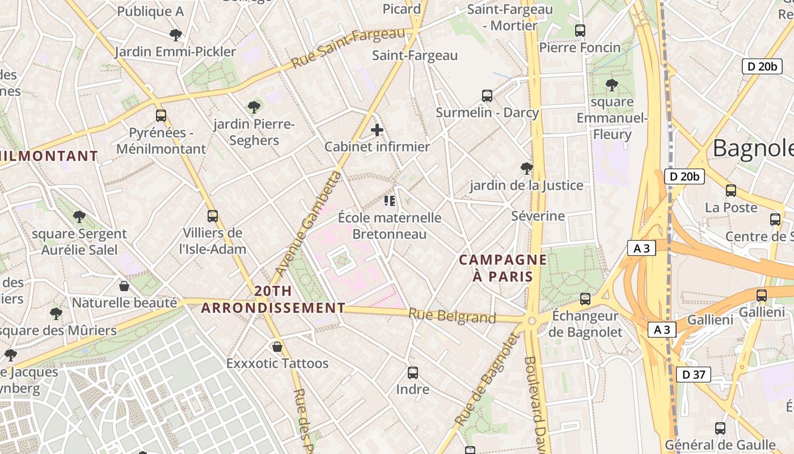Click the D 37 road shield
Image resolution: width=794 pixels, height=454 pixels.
[693, 375]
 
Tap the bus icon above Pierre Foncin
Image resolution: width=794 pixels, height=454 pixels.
[580, 31]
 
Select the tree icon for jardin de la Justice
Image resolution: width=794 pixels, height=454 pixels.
[526, 169]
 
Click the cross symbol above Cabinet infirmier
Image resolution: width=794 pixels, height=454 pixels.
[377, 131]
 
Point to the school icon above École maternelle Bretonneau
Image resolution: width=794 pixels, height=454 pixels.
[389, 201]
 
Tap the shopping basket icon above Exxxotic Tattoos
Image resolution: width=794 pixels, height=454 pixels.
[277, 346]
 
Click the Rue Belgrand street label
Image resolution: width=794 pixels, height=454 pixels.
[452, 316]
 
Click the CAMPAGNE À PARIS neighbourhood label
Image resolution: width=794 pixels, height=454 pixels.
[503, 268]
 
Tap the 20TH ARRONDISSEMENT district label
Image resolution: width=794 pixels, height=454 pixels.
[273, 300]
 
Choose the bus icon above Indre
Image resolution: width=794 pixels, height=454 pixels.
[413, 373]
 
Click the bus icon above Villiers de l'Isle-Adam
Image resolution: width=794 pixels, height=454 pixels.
[213, 216]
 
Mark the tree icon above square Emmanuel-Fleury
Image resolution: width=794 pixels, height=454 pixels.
[611, 86]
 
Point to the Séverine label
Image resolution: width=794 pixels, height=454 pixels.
[538, 216]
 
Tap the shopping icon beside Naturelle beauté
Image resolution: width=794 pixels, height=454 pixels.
[124, 286]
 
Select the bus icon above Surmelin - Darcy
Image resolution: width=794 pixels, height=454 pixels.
[487, 96]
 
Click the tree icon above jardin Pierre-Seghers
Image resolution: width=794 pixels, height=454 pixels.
[254, 107]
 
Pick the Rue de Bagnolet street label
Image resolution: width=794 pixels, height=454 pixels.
[487, 379]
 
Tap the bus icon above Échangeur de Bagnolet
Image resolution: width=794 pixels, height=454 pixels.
[585, 299]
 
